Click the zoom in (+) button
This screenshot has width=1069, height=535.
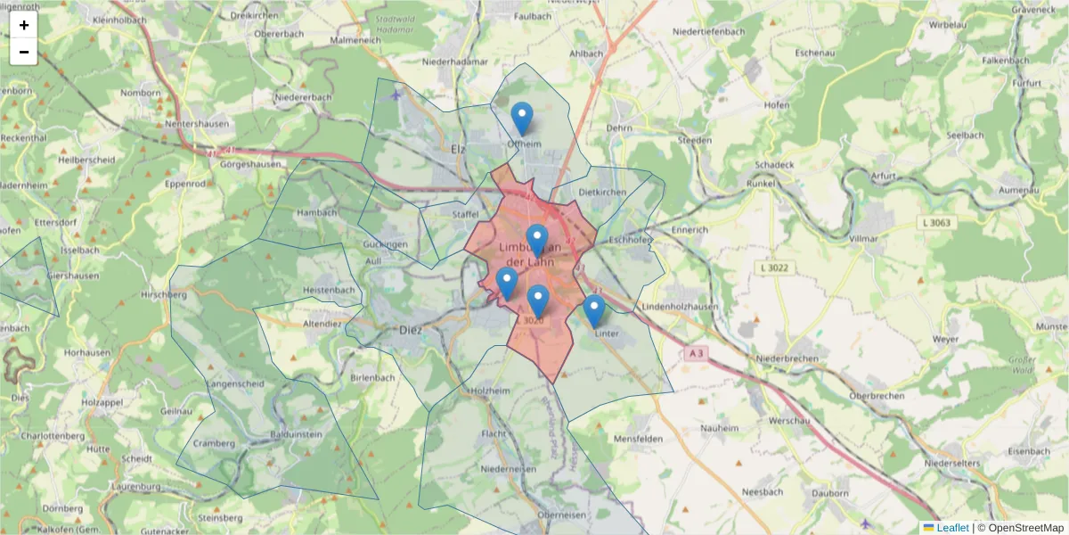[x=24, y=25]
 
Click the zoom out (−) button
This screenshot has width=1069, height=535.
[x=24, y=52]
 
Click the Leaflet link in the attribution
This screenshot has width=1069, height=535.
[x=952, y=528]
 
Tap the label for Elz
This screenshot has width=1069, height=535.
[x=459, y=149]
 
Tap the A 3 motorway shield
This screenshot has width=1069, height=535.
[x=697, y=354]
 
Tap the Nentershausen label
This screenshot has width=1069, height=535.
[x=197, y=124]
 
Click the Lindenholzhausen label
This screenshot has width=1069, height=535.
[x=680, y=307]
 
